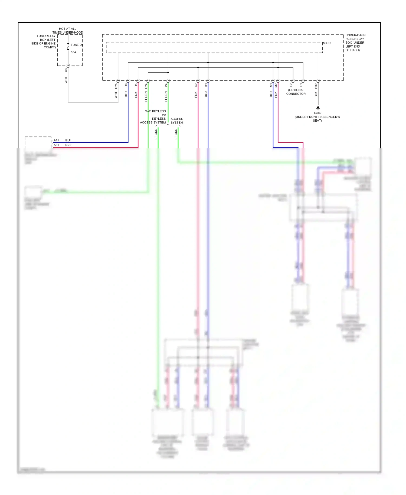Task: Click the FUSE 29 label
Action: point(77,45)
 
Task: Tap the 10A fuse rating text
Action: point(74,52)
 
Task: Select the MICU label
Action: point(327,43)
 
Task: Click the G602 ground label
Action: point(317,113)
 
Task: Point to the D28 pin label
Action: point(116,86)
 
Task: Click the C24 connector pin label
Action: point(146,86)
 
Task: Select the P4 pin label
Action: point(166,85)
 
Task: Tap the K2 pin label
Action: point(196,85)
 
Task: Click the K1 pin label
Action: point(206,85)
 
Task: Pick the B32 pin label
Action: point(316,86)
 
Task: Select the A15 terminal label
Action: point(56,140)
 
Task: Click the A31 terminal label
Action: point(56,145)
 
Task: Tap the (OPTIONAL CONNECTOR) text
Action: point(296,92)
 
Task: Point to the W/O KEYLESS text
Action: point(155,111)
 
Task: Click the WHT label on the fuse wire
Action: point(66,80)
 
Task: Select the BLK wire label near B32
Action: point(316,95)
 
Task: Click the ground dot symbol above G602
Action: point(318,108)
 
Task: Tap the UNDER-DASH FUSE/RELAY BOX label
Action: point(355,43)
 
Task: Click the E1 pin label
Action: point(301,85)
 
